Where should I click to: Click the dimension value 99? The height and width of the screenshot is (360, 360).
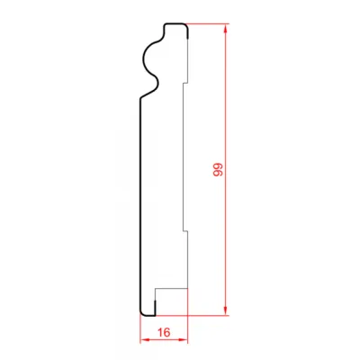218,169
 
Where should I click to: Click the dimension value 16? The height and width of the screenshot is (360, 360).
164,332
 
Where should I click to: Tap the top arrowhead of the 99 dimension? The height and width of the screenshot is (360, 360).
226,29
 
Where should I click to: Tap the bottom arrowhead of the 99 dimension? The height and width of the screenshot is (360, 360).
226,310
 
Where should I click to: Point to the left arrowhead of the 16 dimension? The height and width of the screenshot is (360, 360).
146,339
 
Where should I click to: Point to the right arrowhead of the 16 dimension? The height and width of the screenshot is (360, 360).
183,339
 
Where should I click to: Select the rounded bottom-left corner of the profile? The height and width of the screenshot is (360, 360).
143,313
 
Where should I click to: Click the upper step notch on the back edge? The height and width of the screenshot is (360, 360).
185,83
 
